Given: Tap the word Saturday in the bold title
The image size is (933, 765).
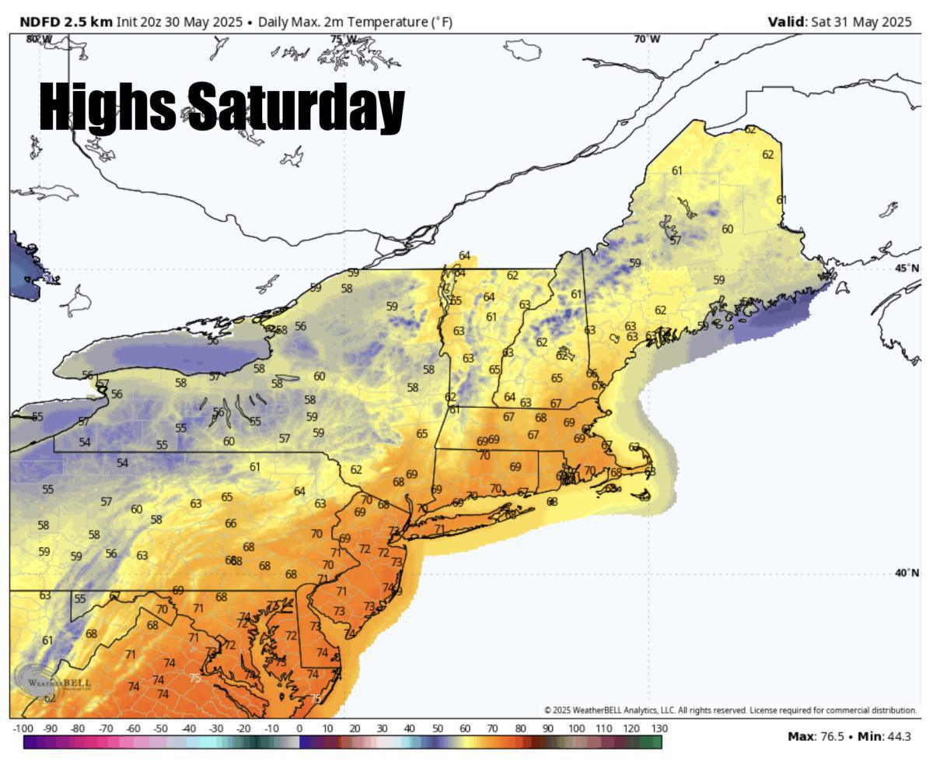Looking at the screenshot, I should click(296, 107).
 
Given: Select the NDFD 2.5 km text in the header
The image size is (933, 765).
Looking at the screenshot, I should click(65, 22).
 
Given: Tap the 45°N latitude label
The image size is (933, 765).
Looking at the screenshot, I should click(907, 268).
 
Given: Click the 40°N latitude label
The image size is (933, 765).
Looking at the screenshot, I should click(907, 573).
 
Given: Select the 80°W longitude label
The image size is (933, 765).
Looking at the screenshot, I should click(39, 39).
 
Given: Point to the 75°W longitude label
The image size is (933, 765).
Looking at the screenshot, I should click(344, 39).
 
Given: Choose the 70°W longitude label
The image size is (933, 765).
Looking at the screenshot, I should click(647, 39).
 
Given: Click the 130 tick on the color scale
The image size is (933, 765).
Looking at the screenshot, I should click(659, 728).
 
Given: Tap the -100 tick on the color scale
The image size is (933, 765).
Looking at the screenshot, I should click(23, 728).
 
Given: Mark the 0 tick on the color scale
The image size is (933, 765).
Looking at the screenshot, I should click(299, 728).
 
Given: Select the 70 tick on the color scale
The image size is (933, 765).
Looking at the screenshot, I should click(492, 728).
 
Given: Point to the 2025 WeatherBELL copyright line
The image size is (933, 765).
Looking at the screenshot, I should click(730, 710).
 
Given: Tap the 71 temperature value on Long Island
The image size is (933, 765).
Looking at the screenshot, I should click(439, 529).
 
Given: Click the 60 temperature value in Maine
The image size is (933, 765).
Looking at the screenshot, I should click(727, 229).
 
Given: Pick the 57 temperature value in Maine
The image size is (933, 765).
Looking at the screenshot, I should click(676, 240).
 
